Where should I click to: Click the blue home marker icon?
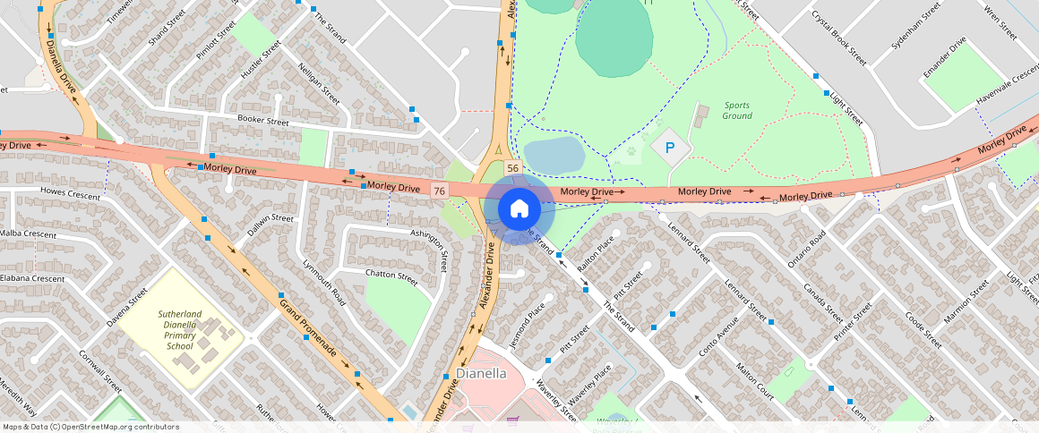pos(519,208)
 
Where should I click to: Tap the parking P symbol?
pos(668,147)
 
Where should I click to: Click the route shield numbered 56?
pos(512,168)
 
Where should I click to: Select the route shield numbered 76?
pos(439,191)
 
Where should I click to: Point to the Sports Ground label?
pos(737,111)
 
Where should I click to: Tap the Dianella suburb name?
pos(481,373)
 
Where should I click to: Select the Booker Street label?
pos(263,121)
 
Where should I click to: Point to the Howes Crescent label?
pos(71,193)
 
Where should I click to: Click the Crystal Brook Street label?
pos(839,38)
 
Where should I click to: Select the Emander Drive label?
pos(945,57)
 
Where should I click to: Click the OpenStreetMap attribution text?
pos(90,427)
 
